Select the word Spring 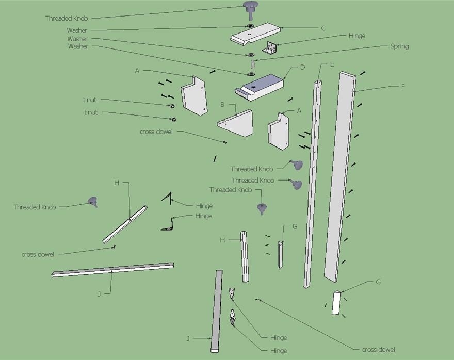click(399, 46)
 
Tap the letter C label click(323, 28)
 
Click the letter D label click(303, 67)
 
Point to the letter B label click(222, 104)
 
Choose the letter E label click(332, 64)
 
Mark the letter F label click(403, 86)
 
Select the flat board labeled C click(256, 35)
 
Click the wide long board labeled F click(340, 175)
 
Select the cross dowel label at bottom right click(379, 350)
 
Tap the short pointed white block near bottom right click(336, 302)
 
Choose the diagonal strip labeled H click(125, 224)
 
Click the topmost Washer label click(77, 31)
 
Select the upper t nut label click(90, 100)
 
